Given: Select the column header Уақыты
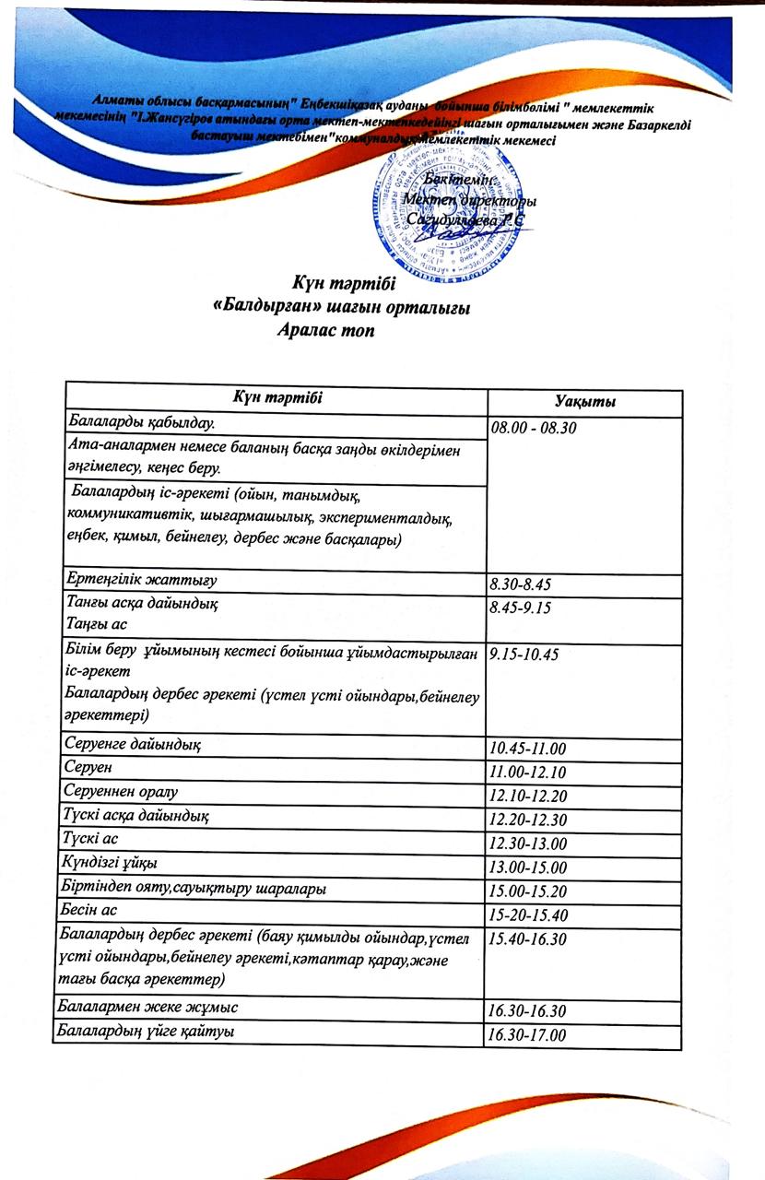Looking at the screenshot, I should pos(585,403).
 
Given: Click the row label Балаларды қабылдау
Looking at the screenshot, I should pos(137,422).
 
